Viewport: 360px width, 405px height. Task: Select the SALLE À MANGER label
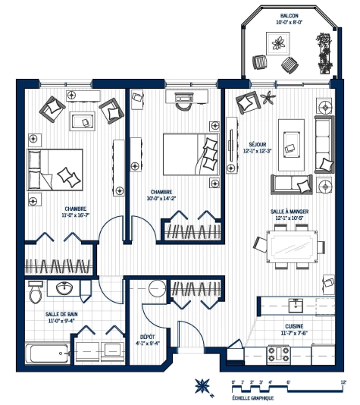[288, 212]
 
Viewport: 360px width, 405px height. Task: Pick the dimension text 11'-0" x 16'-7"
[75, 215]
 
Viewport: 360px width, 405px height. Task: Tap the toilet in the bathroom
[34, 290]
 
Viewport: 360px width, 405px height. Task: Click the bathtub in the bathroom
[45, 354]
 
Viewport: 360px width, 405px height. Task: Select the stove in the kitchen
[287, 353]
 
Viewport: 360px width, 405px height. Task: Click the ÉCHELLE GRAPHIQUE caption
[252, 397]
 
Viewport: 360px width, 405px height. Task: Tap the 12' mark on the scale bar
[343, 381]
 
